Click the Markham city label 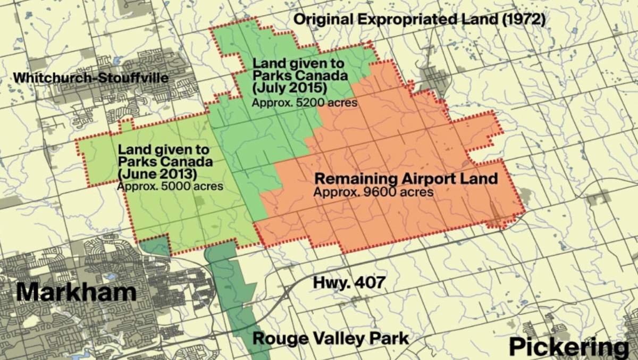(76, 292)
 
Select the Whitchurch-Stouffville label (90, 78)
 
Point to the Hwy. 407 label (348, 282)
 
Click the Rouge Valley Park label (330, 338)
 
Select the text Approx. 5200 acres (305, 102)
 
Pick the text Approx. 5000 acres (170, 187)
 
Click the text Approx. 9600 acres (373, 191)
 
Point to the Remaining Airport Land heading (406, 178)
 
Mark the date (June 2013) (157, 174)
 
